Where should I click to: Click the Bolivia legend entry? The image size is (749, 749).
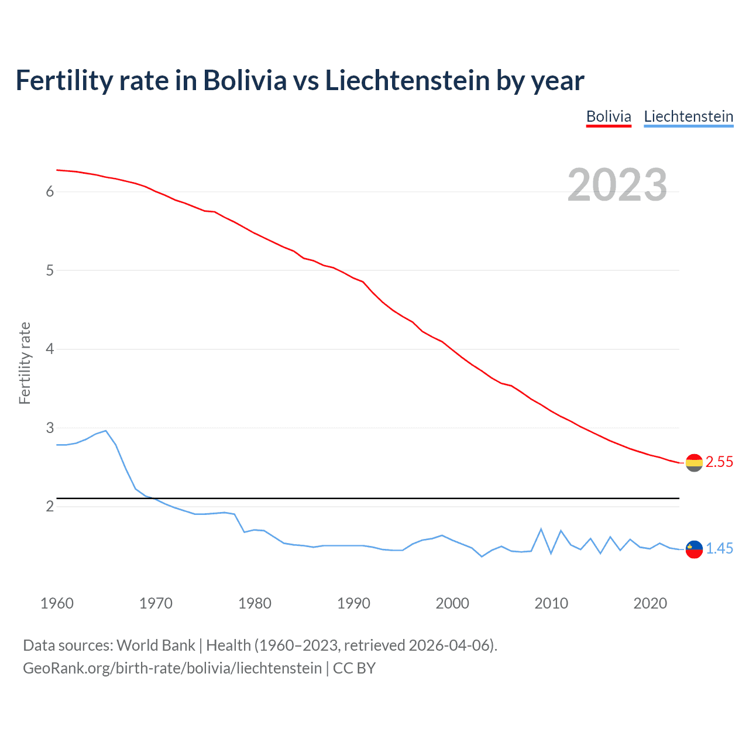pos(609,116)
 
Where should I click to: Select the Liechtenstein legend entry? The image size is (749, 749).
pos(688,116)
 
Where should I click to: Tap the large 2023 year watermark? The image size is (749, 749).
pos(617,185)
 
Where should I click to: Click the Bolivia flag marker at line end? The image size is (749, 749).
pos(693,463)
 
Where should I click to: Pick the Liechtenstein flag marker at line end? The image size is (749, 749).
pos(693,549)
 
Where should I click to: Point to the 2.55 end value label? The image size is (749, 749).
pos(719,462)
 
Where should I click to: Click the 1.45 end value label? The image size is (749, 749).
pos(719,548)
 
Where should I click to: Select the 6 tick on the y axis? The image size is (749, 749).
pos(50,192)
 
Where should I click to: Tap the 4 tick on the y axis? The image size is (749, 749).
pos(50,349)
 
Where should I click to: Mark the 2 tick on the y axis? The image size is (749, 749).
pos(50,506)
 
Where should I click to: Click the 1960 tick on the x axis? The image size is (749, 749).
pos(57,603)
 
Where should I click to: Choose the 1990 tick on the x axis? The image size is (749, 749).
pos(353,603)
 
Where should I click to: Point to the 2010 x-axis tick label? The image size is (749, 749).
pos(551,603)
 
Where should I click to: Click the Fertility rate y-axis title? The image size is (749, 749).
pos(25,363)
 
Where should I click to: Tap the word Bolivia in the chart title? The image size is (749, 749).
pos(245,80)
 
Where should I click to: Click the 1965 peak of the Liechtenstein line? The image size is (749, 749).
pos(106,431)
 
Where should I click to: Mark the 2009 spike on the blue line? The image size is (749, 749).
pos(541,529)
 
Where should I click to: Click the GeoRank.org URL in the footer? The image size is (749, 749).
pos(172,668)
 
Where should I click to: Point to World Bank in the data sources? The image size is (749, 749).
pos(156,645)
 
